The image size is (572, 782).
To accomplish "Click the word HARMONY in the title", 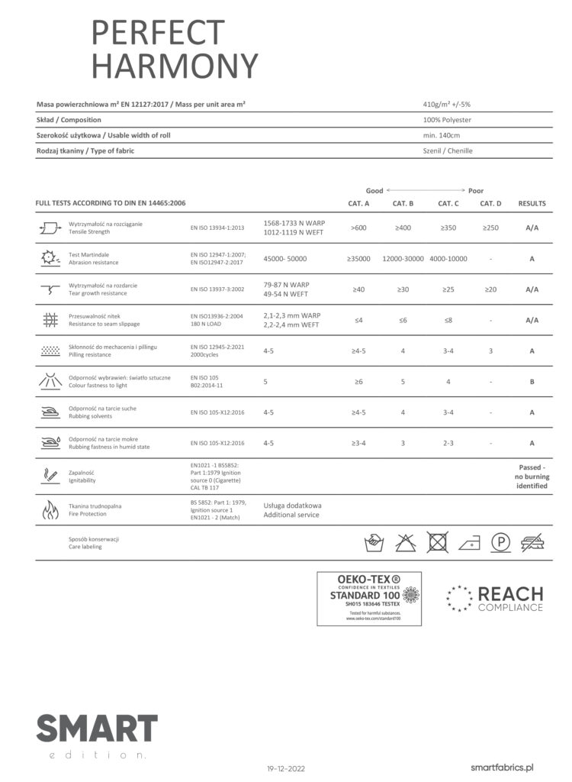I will tap(175, 66).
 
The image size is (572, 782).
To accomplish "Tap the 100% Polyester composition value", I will tap(448, 120).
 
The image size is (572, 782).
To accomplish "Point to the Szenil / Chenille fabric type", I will tap(448, 150).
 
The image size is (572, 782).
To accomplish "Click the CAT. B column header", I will tap(403, 203).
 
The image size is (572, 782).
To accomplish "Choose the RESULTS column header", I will tap(532, 203).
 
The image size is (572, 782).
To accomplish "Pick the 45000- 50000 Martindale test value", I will tap(285, 259).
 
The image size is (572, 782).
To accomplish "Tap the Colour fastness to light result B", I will tap(532, 381).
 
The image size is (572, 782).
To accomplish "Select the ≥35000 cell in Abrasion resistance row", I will tap(358, 259).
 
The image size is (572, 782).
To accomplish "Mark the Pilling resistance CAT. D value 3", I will tap(490, 351).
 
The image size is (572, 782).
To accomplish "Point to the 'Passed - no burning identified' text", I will tap(532, 477).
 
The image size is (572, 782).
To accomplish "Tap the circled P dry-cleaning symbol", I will tap(500, 542).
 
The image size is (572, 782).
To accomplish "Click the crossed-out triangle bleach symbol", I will tap(405, 542).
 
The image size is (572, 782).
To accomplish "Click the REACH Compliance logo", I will tap(495, 598).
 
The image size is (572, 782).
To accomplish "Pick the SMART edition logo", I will tap(96, 735).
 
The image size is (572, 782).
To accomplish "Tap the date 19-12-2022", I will tap(286, 767).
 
